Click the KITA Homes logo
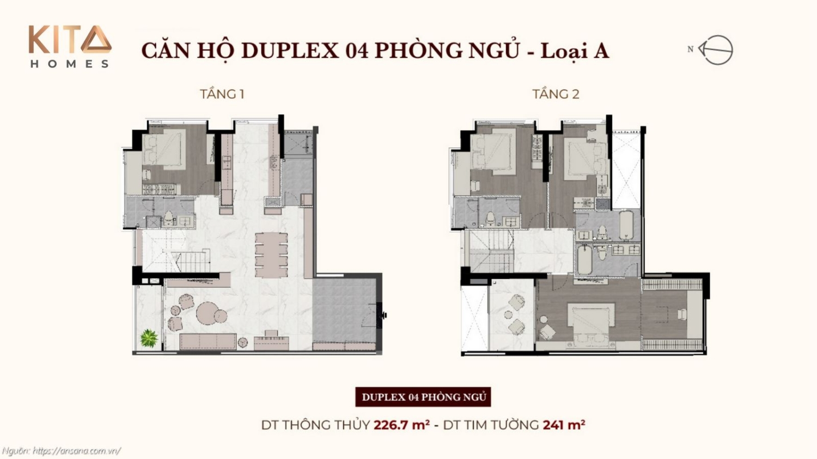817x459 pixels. pyautogui.click(x=70, y=47)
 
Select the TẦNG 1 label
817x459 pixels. pyautogui.click(x=222, y=94)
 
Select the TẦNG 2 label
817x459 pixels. pyautogui.click(x=556, y=94)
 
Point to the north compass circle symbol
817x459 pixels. pyautogui.click(x=717, y=50)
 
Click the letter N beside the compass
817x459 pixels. pyautogui.click(x=691, y=49)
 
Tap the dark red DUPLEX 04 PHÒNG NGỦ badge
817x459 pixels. pyautogui.click(x=423, y=397)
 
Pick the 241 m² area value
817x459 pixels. pyautogui.click(x=564, y=425)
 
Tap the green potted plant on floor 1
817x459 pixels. pyautogui.click(x=149, y=338)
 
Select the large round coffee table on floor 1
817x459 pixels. pyautogui.click(x=208, y=313)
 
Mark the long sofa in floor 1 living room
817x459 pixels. pyautogui.click(x=208, y=341)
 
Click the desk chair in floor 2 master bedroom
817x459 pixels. pyautogui.click(x=682, y=314)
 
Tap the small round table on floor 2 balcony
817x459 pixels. pyautogui.click(x=508, y=314)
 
